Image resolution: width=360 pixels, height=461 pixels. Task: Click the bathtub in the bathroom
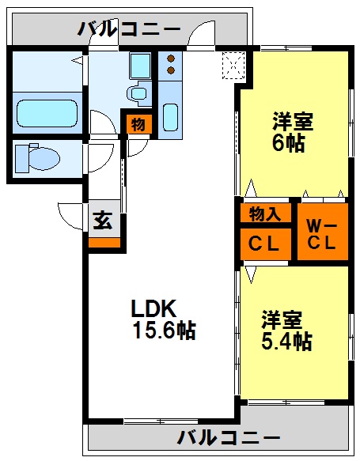click(47, 114)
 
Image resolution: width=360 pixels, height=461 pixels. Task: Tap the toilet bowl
click(44, 158)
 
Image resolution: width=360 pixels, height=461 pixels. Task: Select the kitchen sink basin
click(170, 117)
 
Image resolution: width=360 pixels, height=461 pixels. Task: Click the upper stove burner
click(171, 59)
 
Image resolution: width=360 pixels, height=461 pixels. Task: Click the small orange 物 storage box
click(138, 124)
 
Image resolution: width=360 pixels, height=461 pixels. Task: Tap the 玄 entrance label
click(103, 220)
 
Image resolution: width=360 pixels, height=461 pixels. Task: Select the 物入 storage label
click(265, 213)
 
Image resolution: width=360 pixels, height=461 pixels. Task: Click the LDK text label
click(153, 308)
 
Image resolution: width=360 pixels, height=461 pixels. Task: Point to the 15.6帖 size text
click(165, 331)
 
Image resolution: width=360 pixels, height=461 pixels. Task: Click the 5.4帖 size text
click(286, 342)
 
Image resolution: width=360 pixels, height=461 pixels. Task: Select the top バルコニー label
click(129, 29)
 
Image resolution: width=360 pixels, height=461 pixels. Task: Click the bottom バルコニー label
click(229, 438)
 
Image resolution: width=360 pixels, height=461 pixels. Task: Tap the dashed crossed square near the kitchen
click(233, 66)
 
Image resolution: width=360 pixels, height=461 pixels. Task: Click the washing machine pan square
click(141, 66)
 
